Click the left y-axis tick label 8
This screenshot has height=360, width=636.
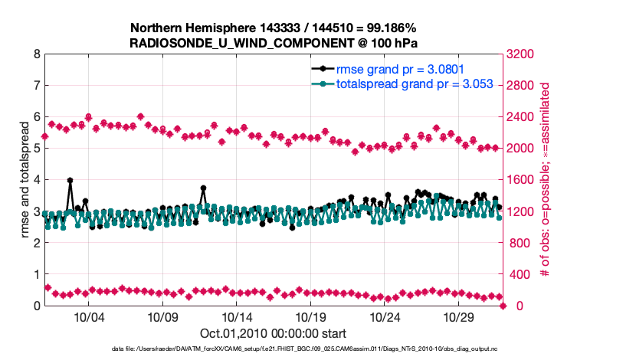(x=37, y=54)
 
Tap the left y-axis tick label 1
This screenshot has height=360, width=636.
(x=37, y=274)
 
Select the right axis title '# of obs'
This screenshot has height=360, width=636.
(x=546, y=180)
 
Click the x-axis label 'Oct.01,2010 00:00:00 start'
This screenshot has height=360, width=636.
(x=273, y=333)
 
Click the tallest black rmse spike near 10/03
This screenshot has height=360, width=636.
(x=70, y=181)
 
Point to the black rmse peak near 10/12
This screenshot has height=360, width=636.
(x=203, y=188)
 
